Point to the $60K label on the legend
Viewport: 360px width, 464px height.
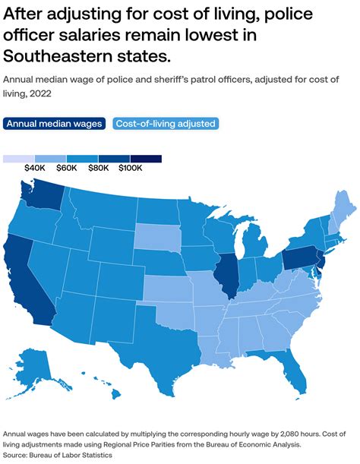[66, 169]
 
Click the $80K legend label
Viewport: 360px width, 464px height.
[99, 169]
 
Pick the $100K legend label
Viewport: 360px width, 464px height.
[131, 169]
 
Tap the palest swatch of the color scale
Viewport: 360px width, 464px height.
[18, 159]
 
